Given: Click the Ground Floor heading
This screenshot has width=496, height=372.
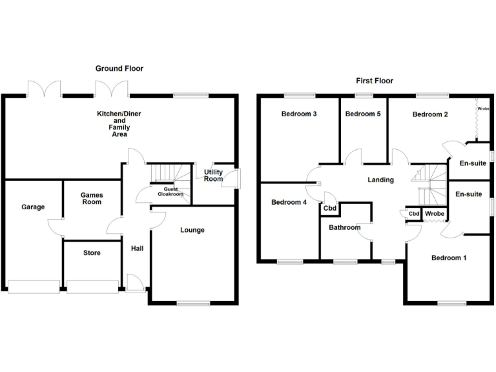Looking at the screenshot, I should click(x=119, y=68).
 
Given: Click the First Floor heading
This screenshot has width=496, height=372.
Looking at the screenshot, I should click(x=375, y=81).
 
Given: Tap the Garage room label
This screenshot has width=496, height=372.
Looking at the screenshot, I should click(x=33, y=207).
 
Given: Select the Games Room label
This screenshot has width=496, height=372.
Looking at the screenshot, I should click(x=91, y=198).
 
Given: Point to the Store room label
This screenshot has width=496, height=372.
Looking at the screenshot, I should click(x=92, y=253).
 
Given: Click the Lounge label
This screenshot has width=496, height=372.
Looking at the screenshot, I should click(x=192, y=230).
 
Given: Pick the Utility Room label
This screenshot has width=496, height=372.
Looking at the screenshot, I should click(x=213, y=176).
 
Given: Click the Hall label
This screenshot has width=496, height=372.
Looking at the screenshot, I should click(x=138, y=249).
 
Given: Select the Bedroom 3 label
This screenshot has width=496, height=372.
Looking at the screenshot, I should click(x=298, y=114).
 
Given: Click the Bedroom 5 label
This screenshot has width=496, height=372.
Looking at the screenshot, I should click(x=363, y=114).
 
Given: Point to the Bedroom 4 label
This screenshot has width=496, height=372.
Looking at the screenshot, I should click(x=289, y=202).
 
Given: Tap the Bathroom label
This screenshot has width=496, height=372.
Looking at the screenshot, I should click(x=345, y=227).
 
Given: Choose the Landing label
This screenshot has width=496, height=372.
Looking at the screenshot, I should click(x=380, y=180).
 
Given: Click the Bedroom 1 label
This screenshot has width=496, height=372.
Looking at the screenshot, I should click(x=449, y=258).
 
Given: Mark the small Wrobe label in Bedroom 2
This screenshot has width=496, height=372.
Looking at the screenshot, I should click(x=483, y=109).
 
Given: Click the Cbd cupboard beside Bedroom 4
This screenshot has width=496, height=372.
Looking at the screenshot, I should click(x=329, y=209).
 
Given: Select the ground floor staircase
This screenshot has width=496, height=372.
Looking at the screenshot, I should click(x=170, y=174).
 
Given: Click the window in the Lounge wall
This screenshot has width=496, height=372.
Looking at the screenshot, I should click(x=192, y=302).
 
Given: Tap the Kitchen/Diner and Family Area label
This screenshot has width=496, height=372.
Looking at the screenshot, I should click(x=119, y=124).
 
